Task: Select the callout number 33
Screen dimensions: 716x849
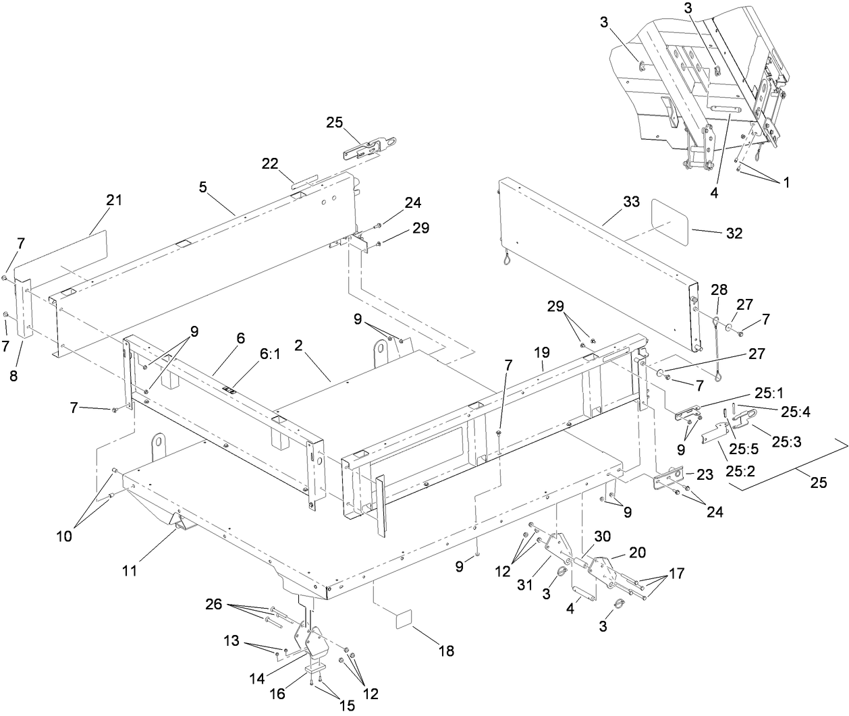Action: pos(631,202)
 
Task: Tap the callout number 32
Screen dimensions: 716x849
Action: pos(734,233)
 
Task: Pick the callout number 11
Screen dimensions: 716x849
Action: pos(130,571)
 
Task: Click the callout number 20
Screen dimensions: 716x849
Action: pos(636,552)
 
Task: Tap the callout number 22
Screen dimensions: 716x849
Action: pos(270,164)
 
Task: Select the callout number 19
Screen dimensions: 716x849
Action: pos(542,352)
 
